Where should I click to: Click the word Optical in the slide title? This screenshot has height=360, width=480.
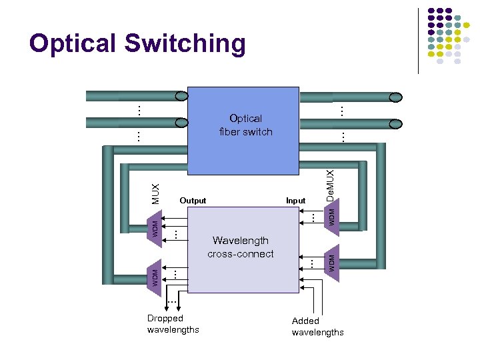coord(73,44)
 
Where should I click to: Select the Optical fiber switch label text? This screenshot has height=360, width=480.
coord(245,125)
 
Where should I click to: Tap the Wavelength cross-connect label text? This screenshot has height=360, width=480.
coord(240,247)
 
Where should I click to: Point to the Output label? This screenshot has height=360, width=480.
coord(193,201)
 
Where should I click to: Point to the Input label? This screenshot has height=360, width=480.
coord(295,201)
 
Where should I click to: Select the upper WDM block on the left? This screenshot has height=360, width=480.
coord(153,226)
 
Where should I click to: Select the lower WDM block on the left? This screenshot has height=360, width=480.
coord(153,275)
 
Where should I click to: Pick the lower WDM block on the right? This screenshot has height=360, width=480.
coord(332,260)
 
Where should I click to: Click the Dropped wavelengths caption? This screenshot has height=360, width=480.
coord(173,324)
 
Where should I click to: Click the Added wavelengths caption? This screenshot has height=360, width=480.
coord(317,327)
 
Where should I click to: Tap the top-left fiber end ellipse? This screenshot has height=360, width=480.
coord(181,97)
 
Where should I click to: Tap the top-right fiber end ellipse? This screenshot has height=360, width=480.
coord(396,97)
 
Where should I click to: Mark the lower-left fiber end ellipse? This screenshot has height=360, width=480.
coord(181,123)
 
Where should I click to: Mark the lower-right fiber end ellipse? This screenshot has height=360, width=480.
coord(396,123)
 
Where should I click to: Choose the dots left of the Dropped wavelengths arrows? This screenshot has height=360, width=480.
coord(171,303)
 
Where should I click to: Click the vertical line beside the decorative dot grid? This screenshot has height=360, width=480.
coord(418,40)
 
